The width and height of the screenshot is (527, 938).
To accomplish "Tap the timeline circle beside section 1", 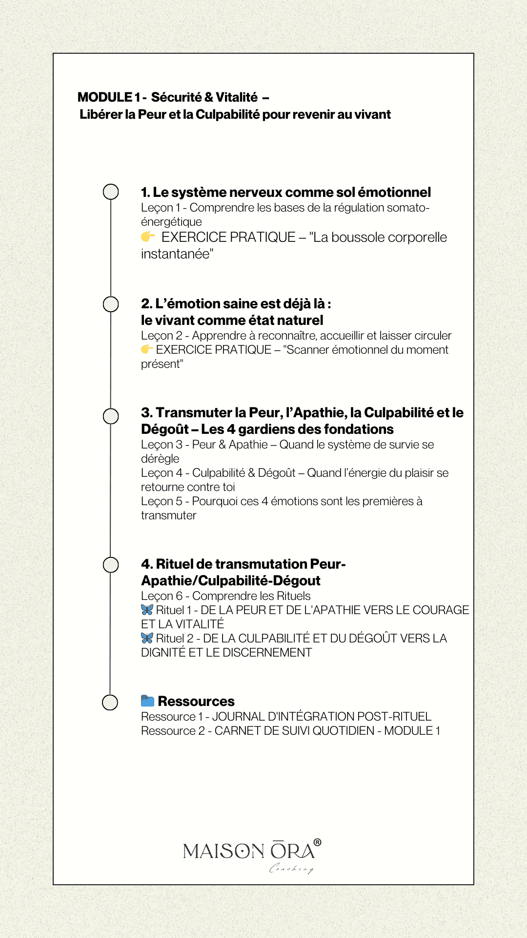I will [111, 192].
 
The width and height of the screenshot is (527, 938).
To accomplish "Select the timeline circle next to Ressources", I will [110, 702].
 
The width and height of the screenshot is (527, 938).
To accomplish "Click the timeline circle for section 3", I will [111, 416].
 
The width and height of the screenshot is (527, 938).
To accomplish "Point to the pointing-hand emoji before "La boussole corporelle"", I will [148, 237].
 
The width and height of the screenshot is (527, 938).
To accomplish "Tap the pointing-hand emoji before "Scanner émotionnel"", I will [147, 349].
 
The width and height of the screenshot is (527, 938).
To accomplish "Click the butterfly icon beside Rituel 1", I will [147, 610].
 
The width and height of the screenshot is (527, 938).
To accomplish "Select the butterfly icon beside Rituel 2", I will [147, 638].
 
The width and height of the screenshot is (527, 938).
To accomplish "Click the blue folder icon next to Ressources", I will [147, 701].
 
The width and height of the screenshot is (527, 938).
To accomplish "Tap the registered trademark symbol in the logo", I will [317, 842].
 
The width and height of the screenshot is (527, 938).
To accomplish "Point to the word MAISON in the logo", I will [223, 852].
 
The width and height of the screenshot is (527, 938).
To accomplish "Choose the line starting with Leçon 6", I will [225, 596].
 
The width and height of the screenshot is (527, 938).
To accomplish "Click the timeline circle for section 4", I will [111, 565].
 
